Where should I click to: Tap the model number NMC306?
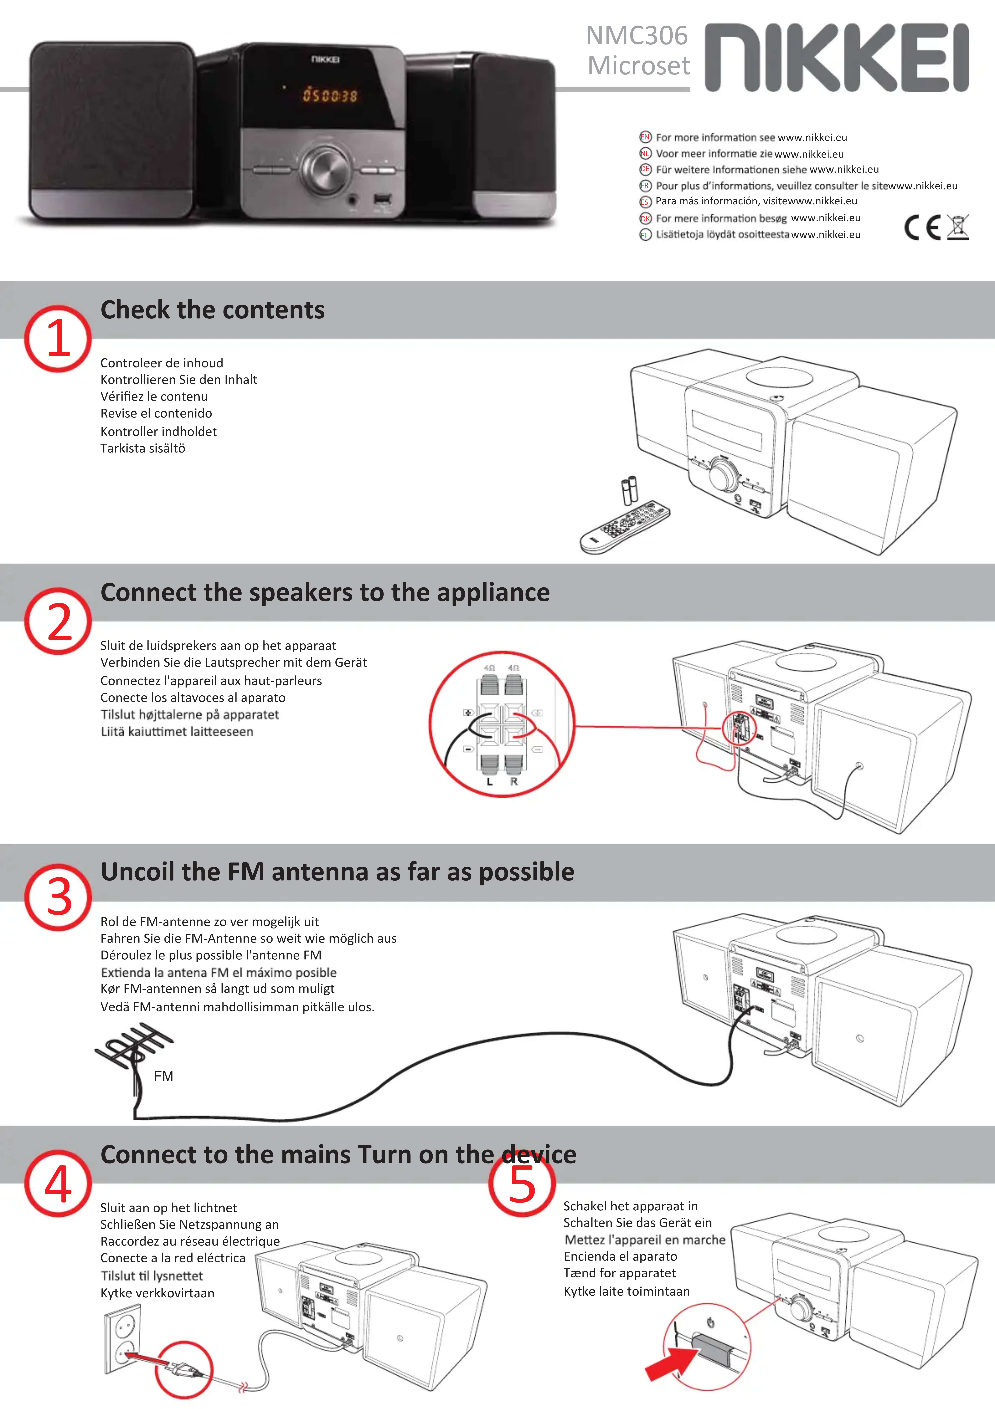[x=637, y=36]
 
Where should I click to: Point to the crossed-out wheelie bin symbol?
[x=958, y=227]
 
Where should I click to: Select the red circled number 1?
[x=58, y=339]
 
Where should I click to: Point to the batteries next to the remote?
[x=629, y=490]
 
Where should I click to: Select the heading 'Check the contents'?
[x=212, y=310]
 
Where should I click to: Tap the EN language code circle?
[x=645, y=137]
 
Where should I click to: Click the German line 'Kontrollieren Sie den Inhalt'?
[x=178, y=380]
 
